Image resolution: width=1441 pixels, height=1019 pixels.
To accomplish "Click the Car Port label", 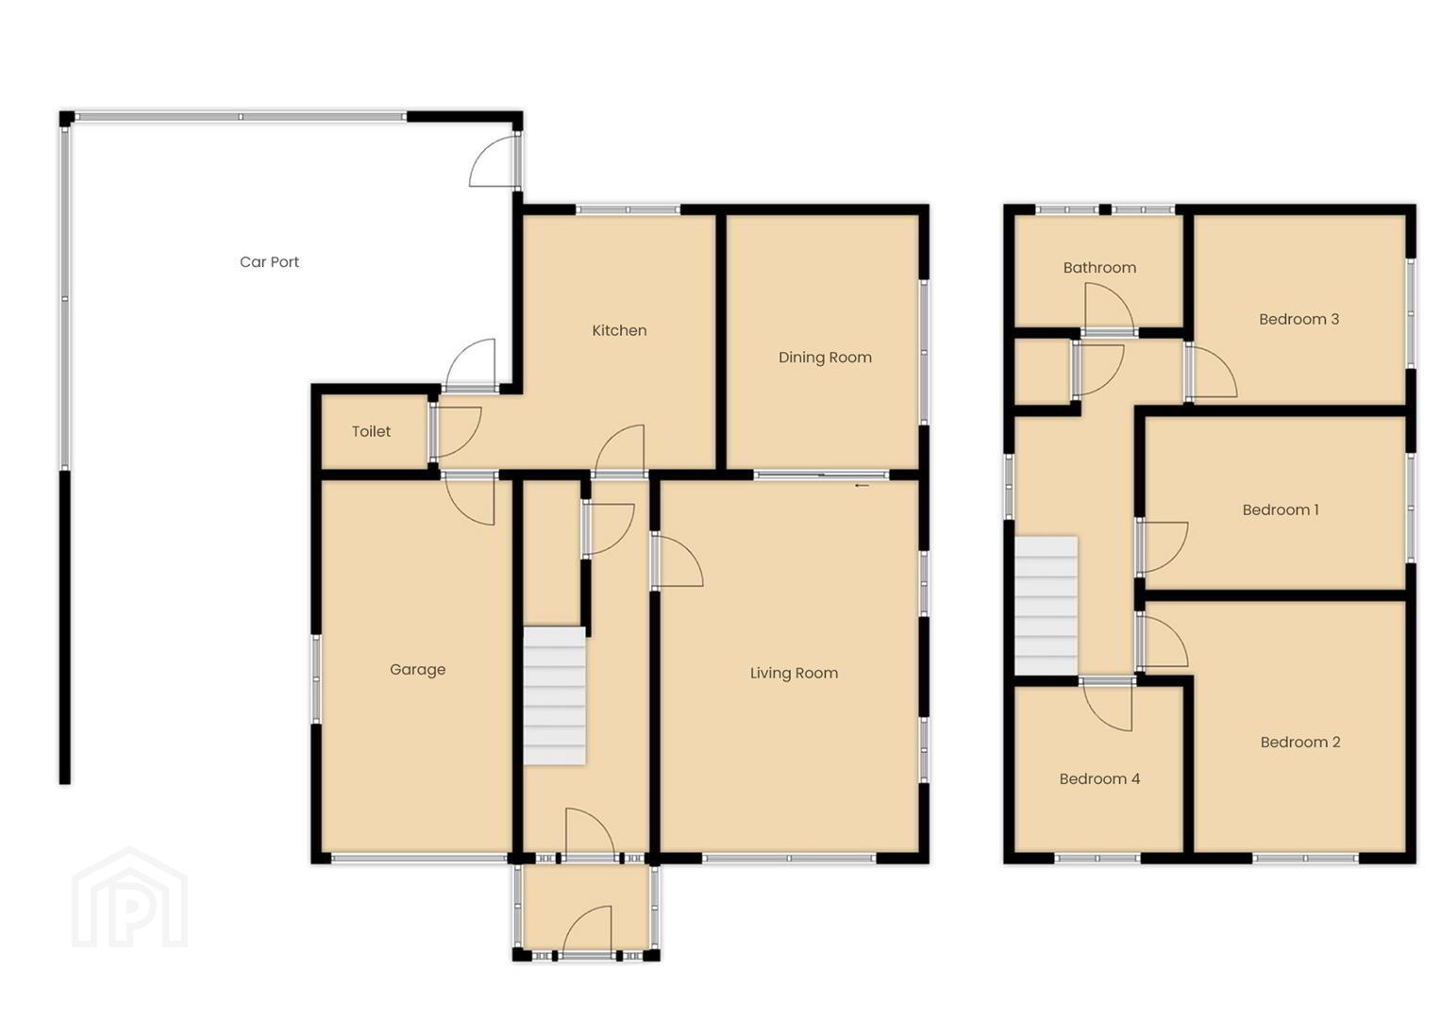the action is point(269,262).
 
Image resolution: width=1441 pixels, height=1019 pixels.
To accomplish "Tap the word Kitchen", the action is point(619,330).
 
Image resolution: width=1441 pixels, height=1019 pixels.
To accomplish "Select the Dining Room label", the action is point(825,358).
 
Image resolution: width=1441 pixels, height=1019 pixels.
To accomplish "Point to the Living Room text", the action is point(794,673).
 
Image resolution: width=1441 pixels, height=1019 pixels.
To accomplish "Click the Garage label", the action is point(417,670).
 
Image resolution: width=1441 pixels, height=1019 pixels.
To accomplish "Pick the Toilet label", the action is point(371,431).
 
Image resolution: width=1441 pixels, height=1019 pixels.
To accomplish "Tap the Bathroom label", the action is point(1099,268).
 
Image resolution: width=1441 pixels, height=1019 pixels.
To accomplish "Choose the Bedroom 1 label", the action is point(1281,510).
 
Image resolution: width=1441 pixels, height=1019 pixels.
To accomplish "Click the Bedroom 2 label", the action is point(1300,743).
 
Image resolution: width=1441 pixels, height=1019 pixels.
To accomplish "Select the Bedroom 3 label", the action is point(1299,319).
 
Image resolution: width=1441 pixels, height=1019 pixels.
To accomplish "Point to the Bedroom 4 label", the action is point(1099,779).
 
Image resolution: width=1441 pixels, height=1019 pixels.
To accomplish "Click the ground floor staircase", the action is point(554,696).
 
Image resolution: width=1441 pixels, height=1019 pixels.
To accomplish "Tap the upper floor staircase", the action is point(1046,606).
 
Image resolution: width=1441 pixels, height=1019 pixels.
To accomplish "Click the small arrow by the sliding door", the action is point(862,486).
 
